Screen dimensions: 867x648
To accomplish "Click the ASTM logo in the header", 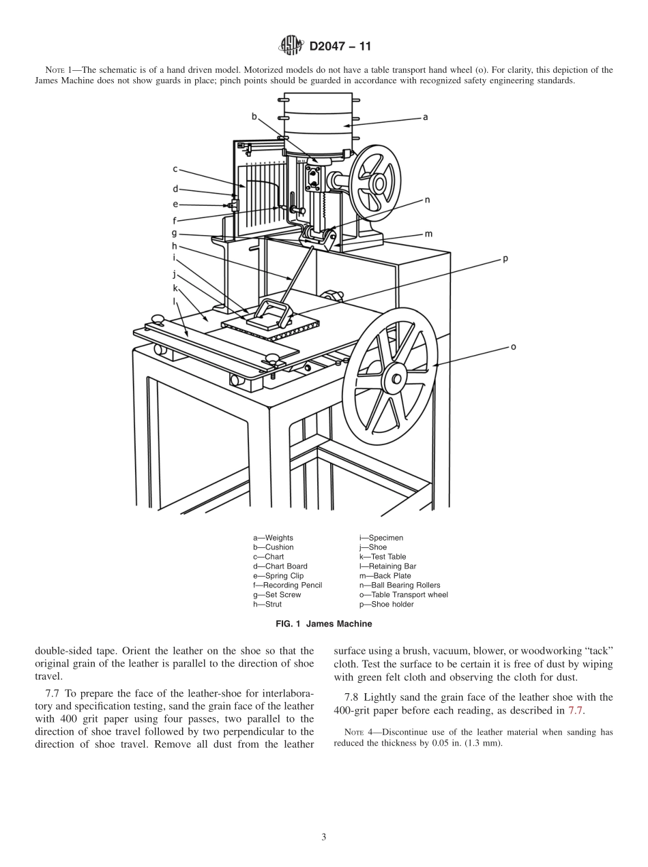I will pos(291,46).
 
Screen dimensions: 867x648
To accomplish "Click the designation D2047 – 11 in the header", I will pos(340,47).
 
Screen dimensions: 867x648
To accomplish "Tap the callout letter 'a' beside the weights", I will pos(425,117).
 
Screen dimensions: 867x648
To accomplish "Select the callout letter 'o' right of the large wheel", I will pos(513,346).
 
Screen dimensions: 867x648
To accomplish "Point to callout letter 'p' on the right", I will pos(505,259).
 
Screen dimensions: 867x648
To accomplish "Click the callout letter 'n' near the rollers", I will pos(427,200).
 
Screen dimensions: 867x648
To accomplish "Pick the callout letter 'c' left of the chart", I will pos(175,168).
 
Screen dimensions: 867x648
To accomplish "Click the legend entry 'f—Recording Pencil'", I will pos(287,585).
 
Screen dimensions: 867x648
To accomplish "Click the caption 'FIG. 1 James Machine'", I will pos(323,623).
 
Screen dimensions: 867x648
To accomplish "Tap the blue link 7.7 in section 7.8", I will pos(576,710).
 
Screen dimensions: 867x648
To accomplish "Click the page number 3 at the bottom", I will pos(324,837).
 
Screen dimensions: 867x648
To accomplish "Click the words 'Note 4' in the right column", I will pos(354,733).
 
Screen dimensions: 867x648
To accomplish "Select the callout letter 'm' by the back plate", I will pos(428,234).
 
